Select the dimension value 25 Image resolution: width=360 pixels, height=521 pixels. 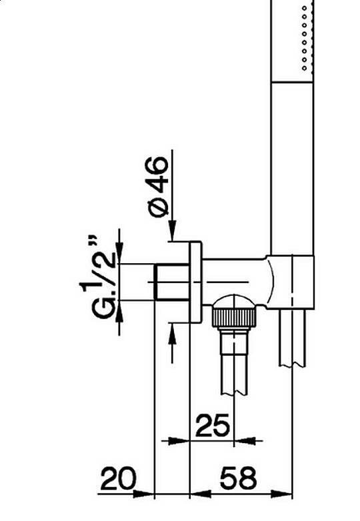[213, 425]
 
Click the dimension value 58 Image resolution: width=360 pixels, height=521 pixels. [239, 478]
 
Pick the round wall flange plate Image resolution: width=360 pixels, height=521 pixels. [195, 282]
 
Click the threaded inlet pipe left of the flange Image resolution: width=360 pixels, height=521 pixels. [172, 282]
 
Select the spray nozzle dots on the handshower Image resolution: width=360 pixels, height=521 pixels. [305, 37]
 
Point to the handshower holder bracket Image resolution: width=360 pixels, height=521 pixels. [291, 282]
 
